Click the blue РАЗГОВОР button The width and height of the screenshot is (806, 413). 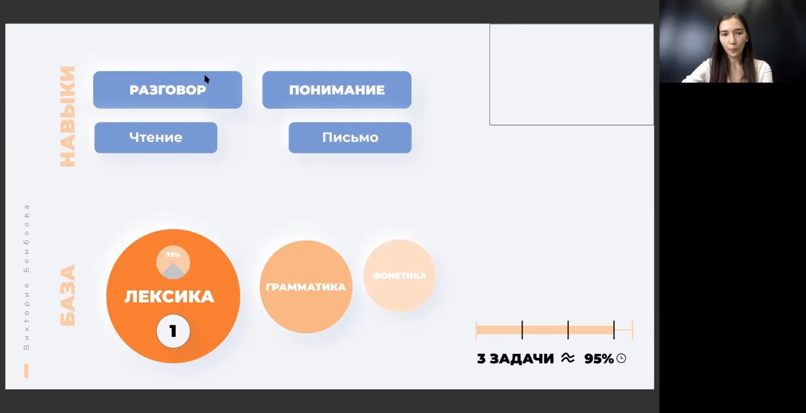coord(168,90)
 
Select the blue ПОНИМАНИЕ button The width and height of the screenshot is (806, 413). coord(337,90)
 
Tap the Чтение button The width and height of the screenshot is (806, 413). coord(156,137)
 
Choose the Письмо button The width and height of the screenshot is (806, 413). coord(350,137)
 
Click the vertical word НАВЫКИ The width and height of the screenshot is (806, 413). coord(68,116)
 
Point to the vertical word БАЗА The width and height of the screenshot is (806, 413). coord(68,296)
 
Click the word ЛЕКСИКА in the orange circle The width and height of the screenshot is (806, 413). coord(169,297)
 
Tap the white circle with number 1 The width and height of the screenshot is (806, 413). coord(173,331)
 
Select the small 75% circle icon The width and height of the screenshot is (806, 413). coord(173,263)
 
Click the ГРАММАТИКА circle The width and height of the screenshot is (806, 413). coord(306,287)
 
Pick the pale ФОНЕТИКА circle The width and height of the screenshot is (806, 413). coord(399,276)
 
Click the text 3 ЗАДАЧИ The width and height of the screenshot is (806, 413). coord(515,359)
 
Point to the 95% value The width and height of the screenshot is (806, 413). coord(599,359)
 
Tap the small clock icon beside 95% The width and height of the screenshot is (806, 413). coord(621,358)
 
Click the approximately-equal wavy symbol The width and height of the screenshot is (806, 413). coord(568,358)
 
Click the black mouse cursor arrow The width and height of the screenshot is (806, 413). coord(207,80)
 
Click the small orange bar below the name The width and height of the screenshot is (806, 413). coord(27,371)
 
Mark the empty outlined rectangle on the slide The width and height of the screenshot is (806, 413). coord(571,74)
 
